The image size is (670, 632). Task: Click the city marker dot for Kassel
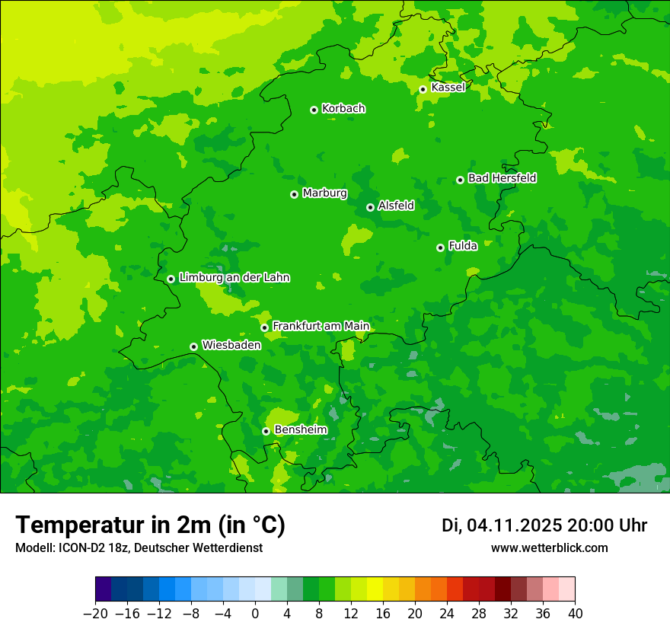[x=423, y=89]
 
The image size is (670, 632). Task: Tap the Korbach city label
[x=343, y=109]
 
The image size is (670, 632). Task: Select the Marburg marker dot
[x=294, y=194]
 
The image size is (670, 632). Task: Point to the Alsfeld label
[x=396, y=206]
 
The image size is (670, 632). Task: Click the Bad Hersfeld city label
[x=502, y=178]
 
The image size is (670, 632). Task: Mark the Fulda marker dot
[x=440, y=247]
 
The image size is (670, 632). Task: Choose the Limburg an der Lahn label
[x=234, y=278]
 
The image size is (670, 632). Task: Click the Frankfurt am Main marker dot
[x=264, y=327]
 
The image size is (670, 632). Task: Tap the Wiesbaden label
[x=231, y=345]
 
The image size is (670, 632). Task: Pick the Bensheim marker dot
[x=266, y=431]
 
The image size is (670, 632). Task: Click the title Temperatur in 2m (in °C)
[x=150, y=525]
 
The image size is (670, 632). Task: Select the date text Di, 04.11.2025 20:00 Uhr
[x=544, y=525]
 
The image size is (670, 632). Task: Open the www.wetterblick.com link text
[x=549, y=548]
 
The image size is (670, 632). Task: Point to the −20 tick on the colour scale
[x=95, y=614]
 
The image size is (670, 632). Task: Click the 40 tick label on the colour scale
[x=575, y=614]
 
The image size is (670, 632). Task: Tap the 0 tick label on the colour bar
[x=255, y=614]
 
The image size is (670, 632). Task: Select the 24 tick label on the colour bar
[x=447, y=614]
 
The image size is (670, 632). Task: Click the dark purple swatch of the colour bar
[x=103, y=589]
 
